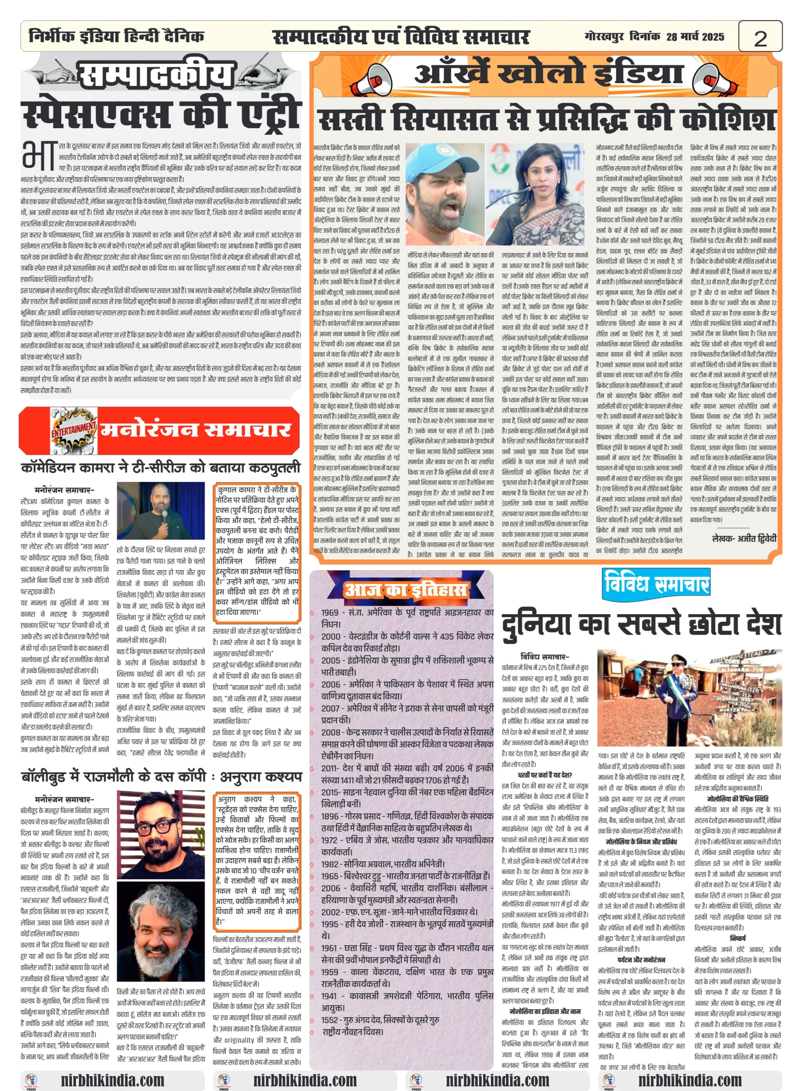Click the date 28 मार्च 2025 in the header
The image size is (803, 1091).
pos(695,37)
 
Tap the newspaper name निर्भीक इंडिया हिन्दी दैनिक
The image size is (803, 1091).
pos(117,37)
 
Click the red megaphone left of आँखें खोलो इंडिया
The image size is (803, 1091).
pos(371,80)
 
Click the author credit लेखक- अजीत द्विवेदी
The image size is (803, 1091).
pos(744,538)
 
